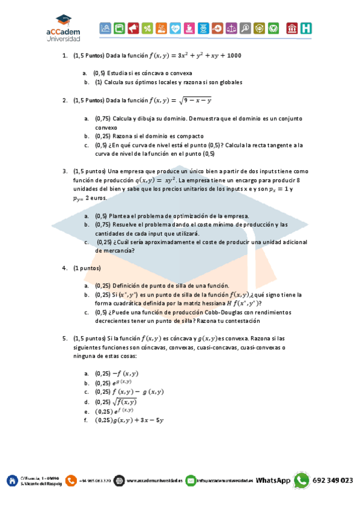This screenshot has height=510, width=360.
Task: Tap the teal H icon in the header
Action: point(307,28)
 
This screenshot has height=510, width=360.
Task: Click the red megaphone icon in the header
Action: point(133,28)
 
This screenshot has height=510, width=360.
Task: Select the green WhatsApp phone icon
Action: point(301,480)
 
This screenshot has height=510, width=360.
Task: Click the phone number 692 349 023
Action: point(332,481)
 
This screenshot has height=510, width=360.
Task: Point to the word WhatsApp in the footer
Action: point(273,481)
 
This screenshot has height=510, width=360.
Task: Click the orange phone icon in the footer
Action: point(72,480)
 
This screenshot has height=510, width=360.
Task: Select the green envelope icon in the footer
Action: point(191,480)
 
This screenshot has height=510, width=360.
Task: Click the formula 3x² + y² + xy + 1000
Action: point(206,56)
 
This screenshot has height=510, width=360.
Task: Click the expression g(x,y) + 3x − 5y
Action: point(132,420)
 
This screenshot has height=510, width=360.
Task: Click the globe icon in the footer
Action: point(119,480)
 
